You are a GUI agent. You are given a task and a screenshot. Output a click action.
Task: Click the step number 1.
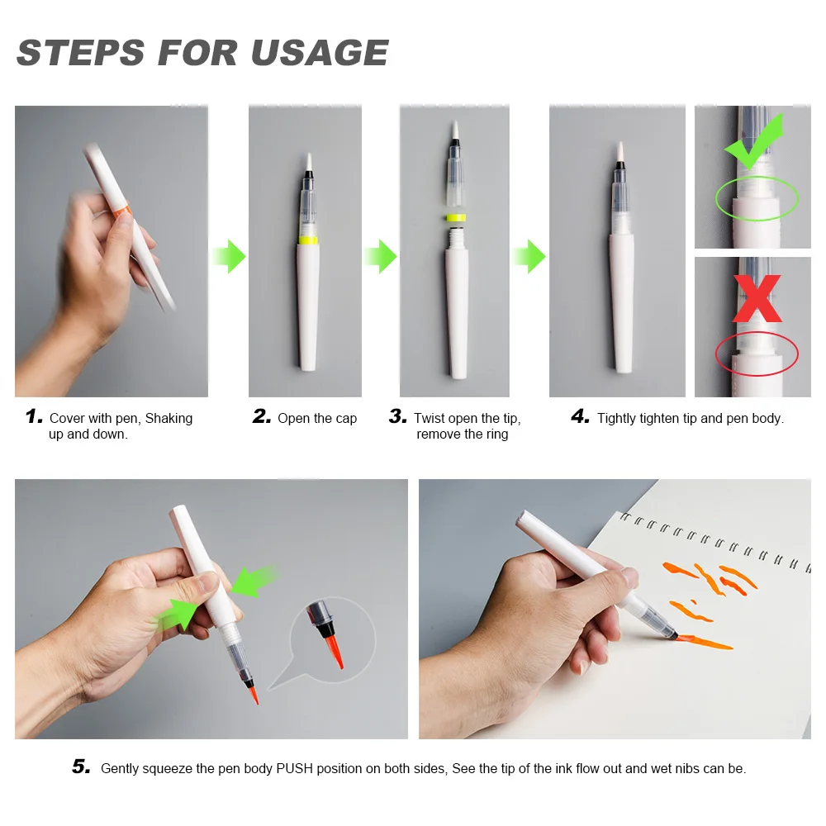(34, 416)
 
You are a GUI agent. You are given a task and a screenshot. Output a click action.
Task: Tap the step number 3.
(398, 416)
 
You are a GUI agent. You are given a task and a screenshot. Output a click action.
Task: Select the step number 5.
(81, 767)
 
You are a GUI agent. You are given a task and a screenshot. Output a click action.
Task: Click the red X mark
(757, 298)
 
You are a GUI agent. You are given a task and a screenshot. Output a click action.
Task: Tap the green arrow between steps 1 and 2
(229, 257)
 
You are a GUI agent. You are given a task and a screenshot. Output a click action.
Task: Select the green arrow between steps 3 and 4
(529, 257)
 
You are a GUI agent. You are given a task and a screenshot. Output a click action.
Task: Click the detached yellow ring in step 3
(456, 217)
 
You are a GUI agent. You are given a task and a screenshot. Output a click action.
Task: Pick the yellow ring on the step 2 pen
(308, 240)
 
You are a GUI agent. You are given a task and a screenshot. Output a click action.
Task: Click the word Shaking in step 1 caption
(169, 419)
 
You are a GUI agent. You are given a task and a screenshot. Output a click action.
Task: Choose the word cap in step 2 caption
(346, 420)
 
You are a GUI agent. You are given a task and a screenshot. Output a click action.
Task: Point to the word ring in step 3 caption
(497, 434)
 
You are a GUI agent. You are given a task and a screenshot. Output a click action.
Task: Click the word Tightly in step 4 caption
(616, 418)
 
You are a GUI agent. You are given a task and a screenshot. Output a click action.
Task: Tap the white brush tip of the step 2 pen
(309, 162)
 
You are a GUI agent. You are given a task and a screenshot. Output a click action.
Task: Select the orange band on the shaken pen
(121, 211)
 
